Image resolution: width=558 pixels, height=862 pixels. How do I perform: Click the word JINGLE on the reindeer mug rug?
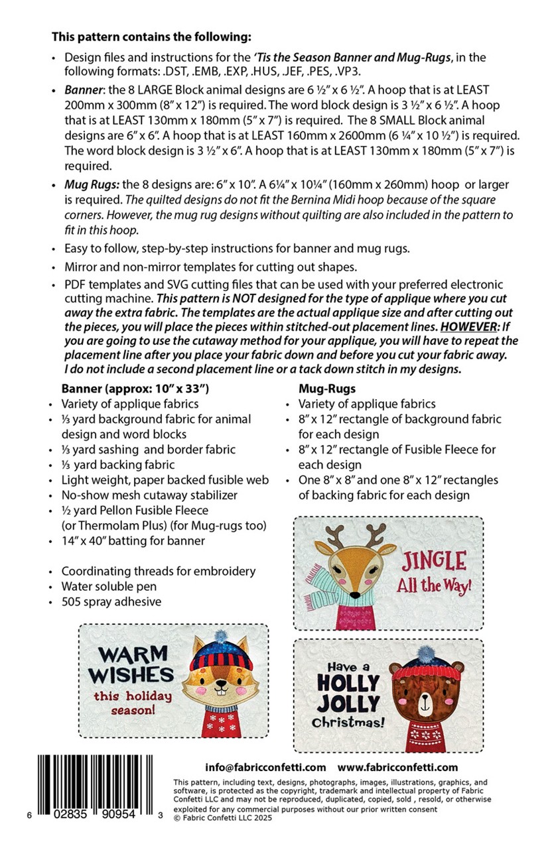pos(433,562)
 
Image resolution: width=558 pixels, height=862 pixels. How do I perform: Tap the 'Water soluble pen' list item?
pos(109,586)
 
